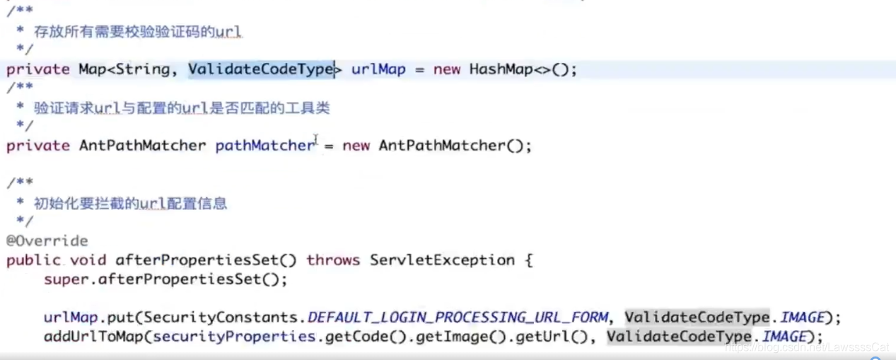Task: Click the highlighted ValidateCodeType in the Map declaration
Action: click(x=260, y=69)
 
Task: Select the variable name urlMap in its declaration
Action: click(x=378, y=69)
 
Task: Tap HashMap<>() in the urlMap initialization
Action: click(x=523, y=69)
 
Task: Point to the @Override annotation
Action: click(x=47, y=241)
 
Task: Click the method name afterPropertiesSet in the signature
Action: click(x=206, y=260)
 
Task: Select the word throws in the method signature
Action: click(x=333, y=260)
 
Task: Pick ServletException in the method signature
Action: click(x=442, y=260)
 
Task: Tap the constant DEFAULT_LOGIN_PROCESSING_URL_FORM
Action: click(x=458, y=318)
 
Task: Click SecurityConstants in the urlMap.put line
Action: click(x=224, y=318)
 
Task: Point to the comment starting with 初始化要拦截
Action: click(x=131, y=204)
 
